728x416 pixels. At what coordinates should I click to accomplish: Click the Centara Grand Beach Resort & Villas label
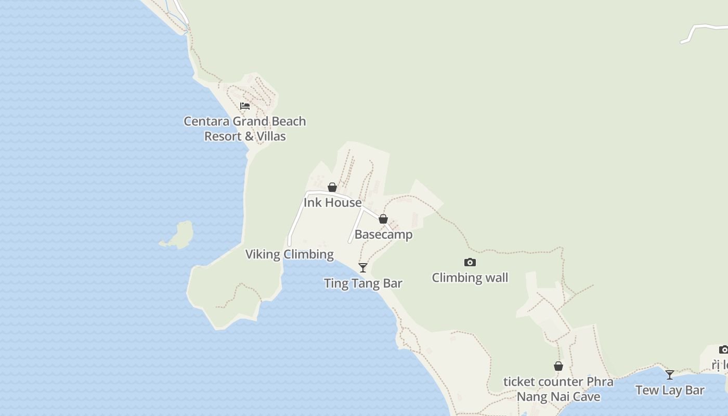click(x=244, y=128)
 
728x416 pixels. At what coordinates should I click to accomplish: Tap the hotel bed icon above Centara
click(x=245, y=106)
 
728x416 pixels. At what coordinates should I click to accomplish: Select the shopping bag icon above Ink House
click(x=332, y=187)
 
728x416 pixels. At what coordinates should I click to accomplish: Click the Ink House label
click(x=332, y=202)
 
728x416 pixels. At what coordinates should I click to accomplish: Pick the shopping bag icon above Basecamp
click(x=383, y=219)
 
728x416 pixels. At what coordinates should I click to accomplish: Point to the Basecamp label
click(x=383, y=235)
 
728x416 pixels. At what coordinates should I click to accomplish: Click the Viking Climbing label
click(x=289, y=254)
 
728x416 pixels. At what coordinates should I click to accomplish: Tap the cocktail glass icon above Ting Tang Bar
click(x=363, y=268)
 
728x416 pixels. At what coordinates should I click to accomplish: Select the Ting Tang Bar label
click(x=363, y=283)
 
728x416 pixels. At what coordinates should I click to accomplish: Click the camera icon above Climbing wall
click(x=470, y=263)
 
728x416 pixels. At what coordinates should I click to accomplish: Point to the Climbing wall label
click(x=470, y=278)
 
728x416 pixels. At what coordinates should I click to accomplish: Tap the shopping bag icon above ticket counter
click(x=558, y=367)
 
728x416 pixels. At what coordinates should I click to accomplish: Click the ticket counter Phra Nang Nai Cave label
click(x=558, y=389)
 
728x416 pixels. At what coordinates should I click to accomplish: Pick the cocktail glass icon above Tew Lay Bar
click(x=670, y=374)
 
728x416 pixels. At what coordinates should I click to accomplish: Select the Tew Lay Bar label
click(x=670, y=390)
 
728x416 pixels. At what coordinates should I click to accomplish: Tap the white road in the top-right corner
click(x=702, y=28)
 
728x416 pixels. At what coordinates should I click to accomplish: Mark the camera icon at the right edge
click(x=723, y=349)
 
